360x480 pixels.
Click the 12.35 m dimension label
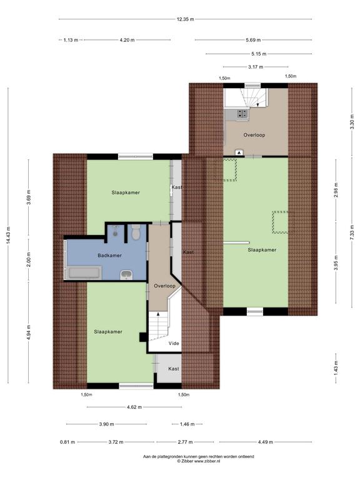pyautogui.click(x=185, y=19)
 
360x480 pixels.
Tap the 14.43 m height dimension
pyautogui.click(x=8, y=235)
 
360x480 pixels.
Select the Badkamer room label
pyautogui.click(x=109, y=255)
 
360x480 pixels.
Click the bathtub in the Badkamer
pyautogui.click(x=85, y=272)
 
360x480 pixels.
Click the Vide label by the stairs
pyautogui.click(x=174, y=344)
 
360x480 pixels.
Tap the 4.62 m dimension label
pyautogui.click(x=134, y=407)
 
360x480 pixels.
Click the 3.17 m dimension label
pyautogui.click(x=256, y=67)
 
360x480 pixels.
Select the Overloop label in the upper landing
pyautogui.click(x=254, y=135)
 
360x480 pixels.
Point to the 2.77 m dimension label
pyautogui.click(x=185, y=442)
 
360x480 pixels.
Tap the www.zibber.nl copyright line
pyautogui.click(x=198, y=461)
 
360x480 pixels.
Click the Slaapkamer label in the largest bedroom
pyautogui.click(x=262, y=250)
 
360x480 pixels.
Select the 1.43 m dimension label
pyautogui.click(x=336, y=368)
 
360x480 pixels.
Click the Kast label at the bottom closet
pyautogui.click(x=174, y=369)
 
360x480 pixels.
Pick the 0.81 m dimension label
pyautogui.click(x=67, y=442)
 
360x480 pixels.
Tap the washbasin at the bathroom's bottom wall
pyautogui.click(x=126, y=274)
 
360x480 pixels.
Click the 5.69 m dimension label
pyautogui.click(x=254, y=40)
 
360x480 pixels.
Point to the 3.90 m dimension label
pyautogui.click(x=106, y=424)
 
